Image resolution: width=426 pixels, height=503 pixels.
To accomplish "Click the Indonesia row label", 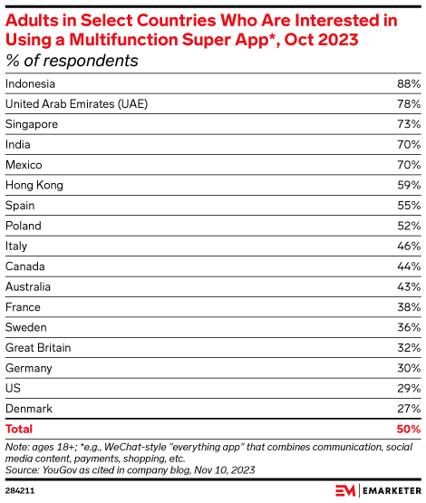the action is click(30, 83).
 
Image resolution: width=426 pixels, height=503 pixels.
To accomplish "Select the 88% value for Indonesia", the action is click(409, 83).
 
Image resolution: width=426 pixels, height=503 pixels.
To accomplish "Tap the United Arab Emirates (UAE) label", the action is click(77, 104).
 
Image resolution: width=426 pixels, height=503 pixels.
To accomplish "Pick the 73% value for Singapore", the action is click(409, 124).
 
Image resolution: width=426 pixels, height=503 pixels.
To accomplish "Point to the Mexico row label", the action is click(24, 165).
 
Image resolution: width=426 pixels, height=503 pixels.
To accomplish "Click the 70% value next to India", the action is click(409, 145).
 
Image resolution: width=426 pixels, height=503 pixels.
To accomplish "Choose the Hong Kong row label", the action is click(34, 186).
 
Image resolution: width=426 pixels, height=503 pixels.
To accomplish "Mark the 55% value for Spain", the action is click(409, 206).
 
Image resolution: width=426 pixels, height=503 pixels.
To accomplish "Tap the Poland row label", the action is click(24, 226).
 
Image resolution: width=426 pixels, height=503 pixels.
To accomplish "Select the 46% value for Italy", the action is click(409, 246).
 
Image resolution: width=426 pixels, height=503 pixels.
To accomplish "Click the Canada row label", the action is click(25, 266).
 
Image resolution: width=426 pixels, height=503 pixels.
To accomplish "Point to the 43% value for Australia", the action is click(409, 286).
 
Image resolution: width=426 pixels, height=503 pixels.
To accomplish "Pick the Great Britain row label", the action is click(38, 348).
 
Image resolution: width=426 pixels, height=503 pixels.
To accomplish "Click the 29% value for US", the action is click(409, 388).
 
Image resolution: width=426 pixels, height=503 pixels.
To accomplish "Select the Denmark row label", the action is click(29, 409).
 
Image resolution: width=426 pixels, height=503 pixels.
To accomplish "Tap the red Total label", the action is click(19, 429).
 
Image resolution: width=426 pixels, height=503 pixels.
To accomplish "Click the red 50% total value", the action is click(409, 429).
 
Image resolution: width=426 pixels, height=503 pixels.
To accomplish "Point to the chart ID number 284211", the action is click(20, 491).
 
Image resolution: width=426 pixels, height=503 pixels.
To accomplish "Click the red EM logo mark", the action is click(345, 491).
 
